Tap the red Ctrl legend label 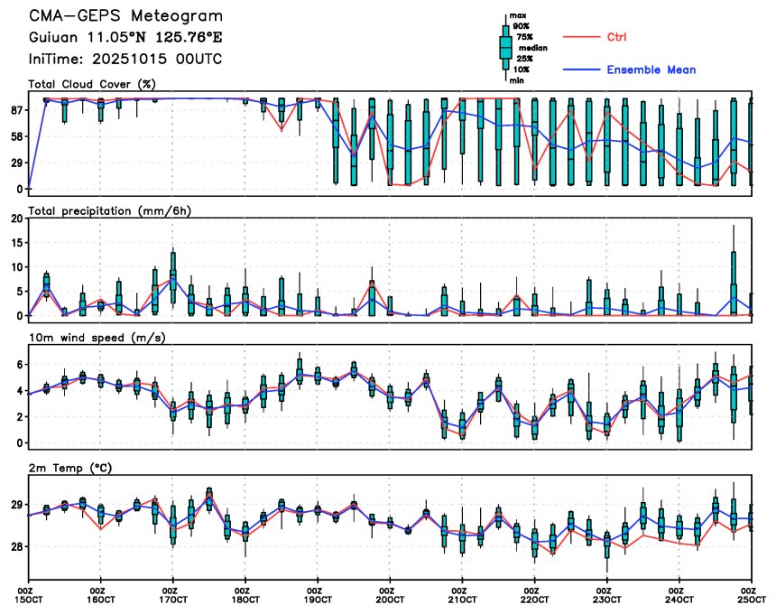coord(617,37)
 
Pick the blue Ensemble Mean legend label coord(651,70)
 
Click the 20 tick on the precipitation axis coord(15,219)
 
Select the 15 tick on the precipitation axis coord(15,243)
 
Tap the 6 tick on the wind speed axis coord(19,363)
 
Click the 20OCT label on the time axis coord(389,598)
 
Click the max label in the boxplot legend coord(517,16)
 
